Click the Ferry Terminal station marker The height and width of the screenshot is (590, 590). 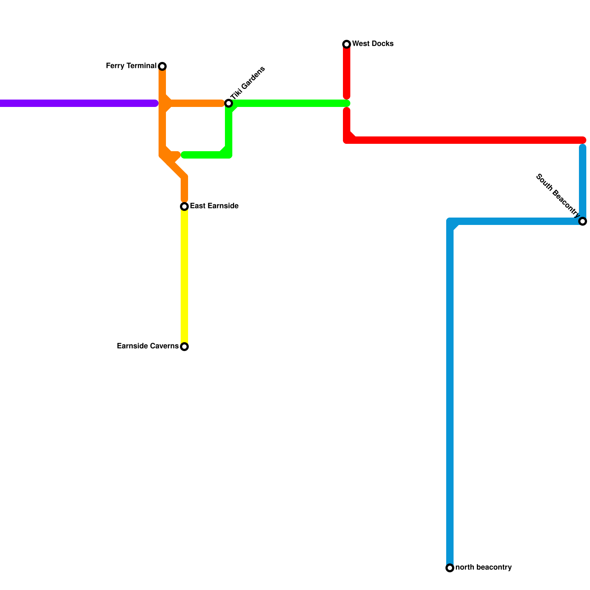click(x=162, y=66)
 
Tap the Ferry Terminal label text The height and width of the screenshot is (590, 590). click(x=131, y=66)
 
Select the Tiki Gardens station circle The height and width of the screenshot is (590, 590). click(x=229, y=103)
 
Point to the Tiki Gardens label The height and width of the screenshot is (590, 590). click(x=248, y=83)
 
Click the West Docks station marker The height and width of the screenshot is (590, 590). click(x=347, y=44)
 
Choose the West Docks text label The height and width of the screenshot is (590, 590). click(x=372, y=44)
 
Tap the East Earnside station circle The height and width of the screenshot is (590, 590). click(x=184, y=206)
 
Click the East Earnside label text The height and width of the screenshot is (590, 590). click(x=214, y=206)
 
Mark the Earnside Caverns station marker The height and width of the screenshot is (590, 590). click(x=184, y=347)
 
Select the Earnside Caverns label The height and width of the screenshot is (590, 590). click(x=147, y=346)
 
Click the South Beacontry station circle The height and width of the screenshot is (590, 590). click(x=583, y=221)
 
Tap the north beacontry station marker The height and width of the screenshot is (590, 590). click(x=450, y=568)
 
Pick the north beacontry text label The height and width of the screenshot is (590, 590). click(x=483, y=568)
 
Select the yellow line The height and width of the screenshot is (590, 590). click(x=184, y=277)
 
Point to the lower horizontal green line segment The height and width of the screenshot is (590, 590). click(x=203, y=155)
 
